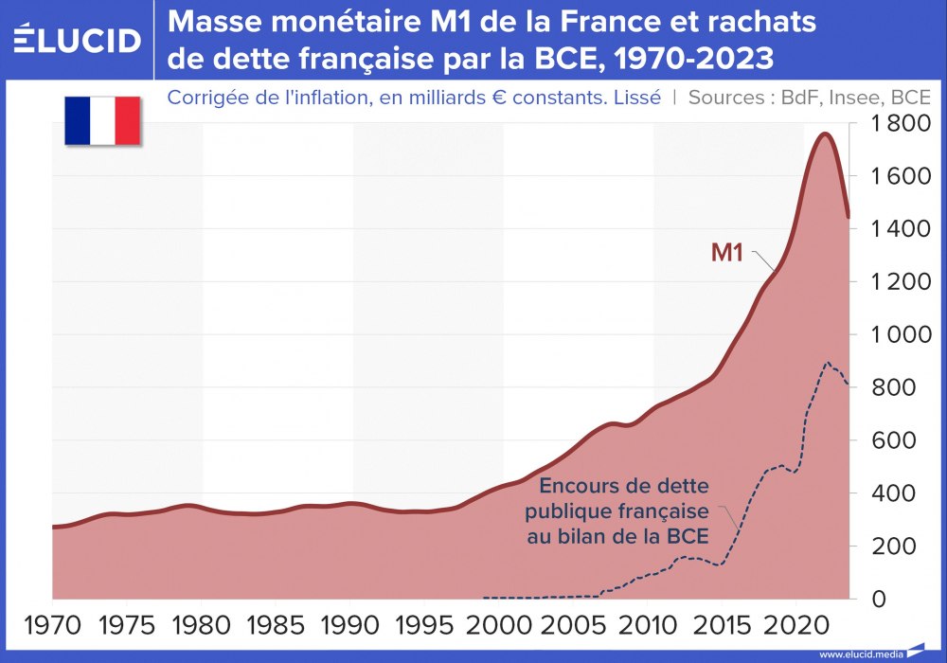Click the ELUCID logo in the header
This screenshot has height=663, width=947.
(x=78, y=40)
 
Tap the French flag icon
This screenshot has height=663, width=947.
(x=102, y=120)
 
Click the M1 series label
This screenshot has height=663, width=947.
(x=728, y=253)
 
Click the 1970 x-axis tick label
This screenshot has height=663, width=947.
(x=52, y=628)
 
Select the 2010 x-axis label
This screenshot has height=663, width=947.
(x=648, y=628)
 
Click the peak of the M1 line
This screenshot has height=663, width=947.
(x=824, y=134)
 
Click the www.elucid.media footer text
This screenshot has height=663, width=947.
(x=861, y=654)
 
